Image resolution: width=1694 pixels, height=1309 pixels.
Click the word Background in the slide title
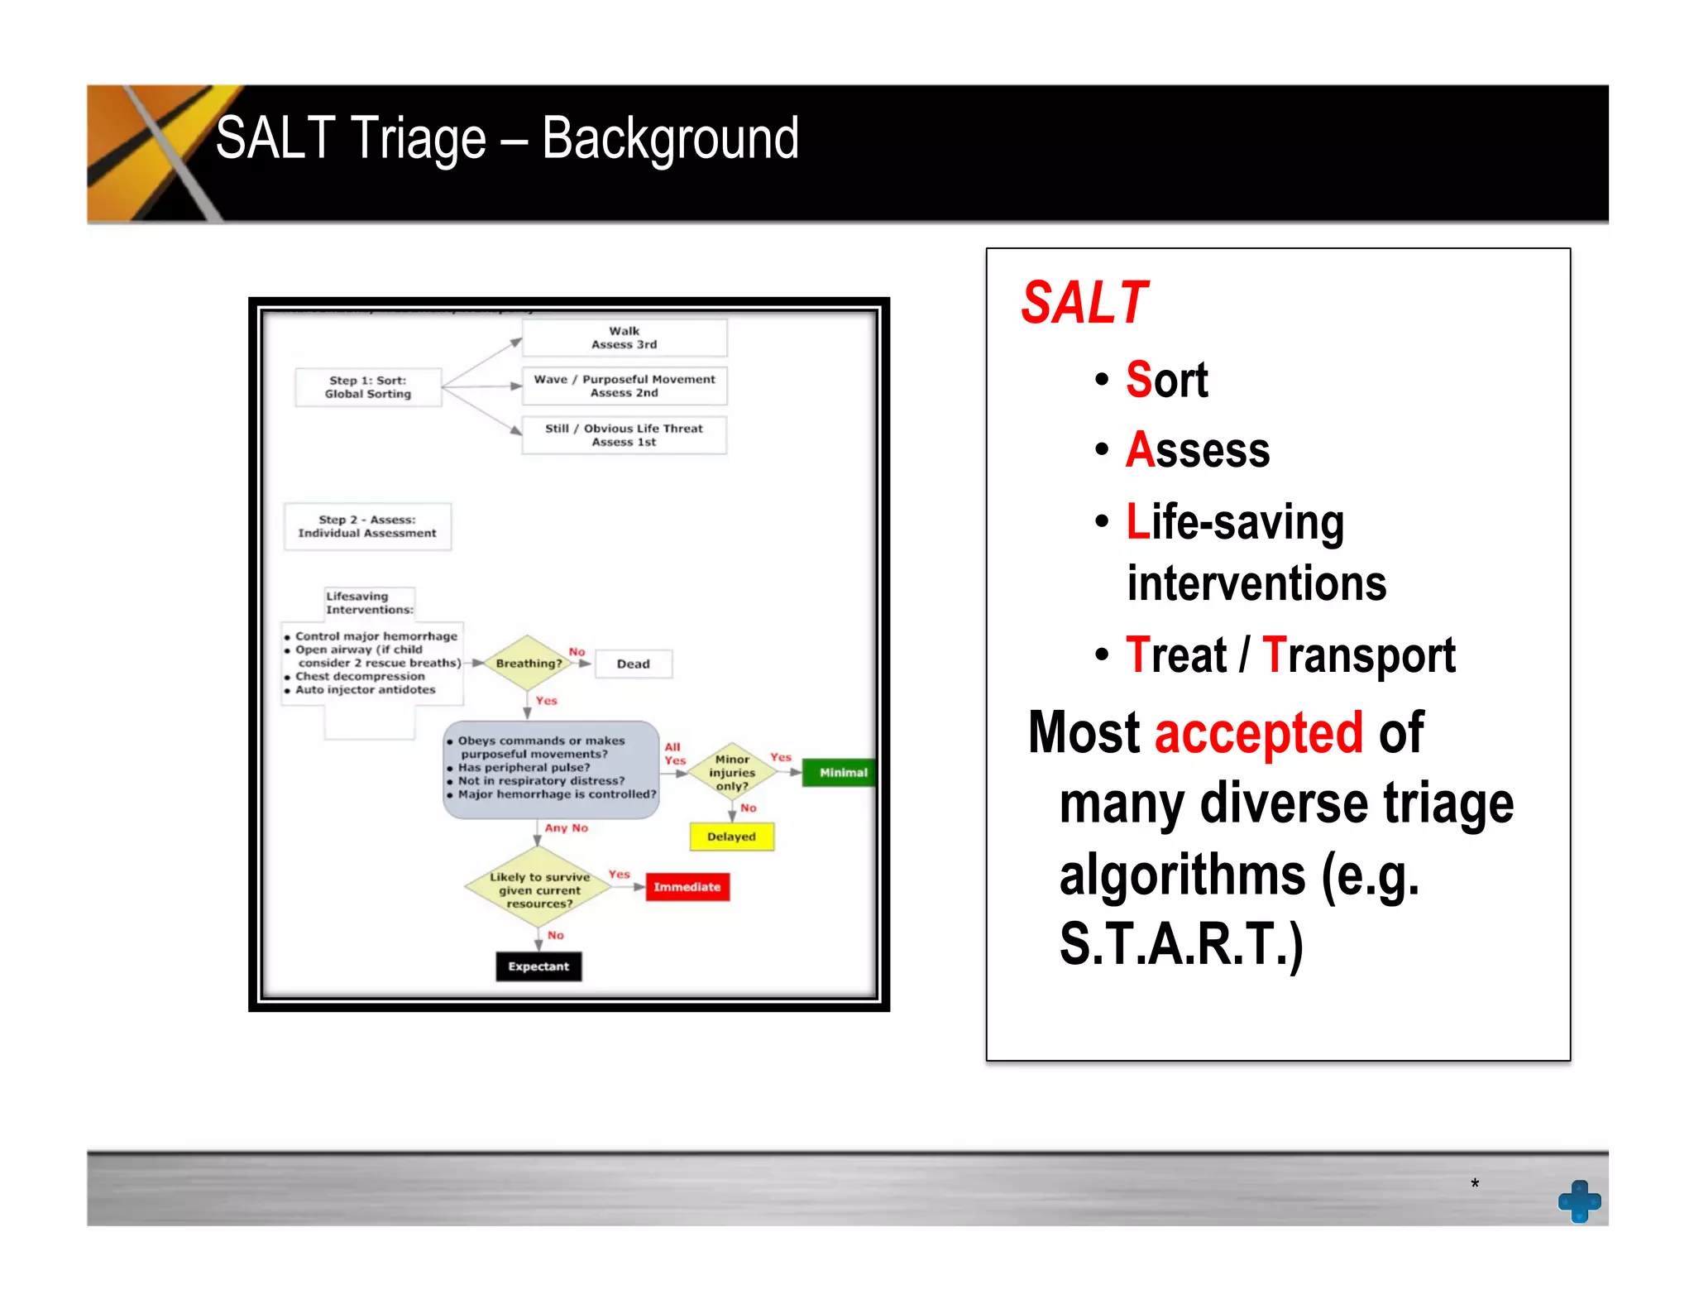point(670,139)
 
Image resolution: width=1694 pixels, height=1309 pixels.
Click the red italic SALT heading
point(1084,303)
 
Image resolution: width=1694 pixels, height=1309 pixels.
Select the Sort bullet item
point(1166,380)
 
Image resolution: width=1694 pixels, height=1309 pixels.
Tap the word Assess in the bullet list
point(1197,450)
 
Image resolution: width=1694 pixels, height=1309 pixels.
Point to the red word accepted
point(1257,733)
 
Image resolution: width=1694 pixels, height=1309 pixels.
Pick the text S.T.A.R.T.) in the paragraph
point(1181,944)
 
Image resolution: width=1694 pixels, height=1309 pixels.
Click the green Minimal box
point(842,773)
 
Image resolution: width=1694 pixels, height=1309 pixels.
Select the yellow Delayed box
point(731,837)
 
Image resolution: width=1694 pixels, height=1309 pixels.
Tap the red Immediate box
point(687,887)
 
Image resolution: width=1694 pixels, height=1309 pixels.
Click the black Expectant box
point(538,966)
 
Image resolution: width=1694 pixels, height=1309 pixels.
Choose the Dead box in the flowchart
point(633,664)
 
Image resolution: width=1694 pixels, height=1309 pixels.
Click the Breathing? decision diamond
point(528,664)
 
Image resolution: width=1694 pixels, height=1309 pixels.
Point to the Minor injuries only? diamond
point(732,772)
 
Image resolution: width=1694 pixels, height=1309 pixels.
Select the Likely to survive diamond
point(538,889)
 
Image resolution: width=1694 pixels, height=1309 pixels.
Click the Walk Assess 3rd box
point(624,338)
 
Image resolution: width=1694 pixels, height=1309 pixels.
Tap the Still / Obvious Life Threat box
point(624,435)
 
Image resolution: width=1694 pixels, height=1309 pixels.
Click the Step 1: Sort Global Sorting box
point(368,387)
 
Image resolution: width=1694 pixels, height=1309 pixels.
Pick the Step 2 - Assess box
point(367,526)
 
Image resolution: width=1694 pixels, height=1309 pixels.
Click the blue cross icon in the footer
point(1579,1201)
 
